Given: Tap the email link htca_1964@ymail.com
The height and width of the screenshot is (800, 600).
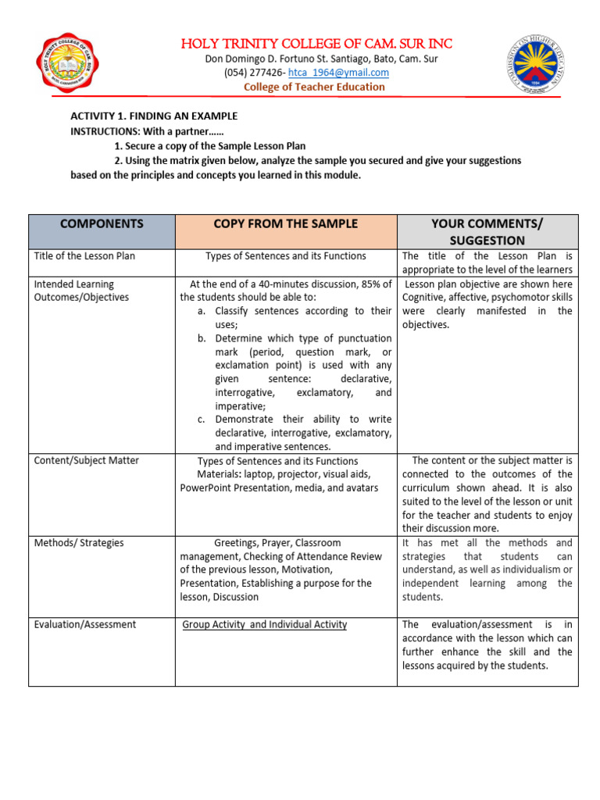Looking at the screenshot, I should [338, 73].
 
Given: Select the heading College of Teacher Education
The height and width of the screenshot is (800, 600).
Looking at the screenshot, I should [314, 87].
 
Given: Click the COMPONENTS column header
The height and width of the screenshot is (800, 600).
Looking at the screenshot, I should [102, 223].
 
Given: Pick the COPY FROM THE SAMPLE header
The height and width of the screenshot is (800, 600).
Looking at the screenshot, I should [286, 223].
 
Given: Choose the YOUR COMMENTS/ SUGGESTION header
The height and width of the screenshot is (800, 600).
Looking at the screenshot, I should [488, 232].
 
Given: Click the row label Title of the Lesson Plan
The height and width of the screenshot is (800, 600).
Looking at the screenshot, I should [85, 255].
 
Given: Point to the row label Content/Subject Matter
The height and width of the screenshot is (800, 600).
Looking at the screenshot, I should [85, 460].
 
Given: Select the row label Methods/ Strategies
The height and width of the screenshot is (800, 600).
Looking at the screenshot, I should [78, 542].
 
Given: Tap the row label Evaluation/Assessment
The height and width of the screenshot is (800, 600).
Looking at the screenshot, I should [85, 624].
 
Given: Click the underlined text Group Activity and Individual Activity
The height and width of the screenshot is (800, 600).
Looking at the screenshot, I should [265, 624].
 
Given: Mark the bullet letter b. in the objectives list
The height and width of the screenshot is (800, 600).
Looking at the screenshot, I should [202, 338].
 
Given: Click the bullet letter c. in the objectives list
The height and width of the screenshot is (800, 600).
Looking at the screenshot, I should [202, 420].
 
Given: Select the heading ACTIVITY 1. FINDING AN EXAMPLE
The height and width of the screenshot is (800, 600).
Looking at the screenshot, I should [154, 116].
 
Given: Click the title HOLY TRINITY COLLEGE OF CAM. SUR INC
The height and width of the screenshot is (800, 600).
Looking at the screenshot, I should [316, 44].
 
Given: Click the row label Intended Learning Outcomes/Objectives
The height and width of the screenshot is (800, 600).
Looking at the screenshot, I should [81, 291].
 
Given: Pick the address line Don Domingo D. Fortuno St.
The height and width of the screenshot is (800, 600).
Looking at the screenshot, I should [316, 59].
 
